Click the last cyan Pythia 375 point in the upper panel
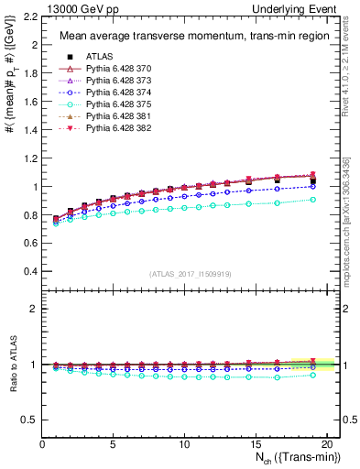pyautogui.click(x=312, y=199)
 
